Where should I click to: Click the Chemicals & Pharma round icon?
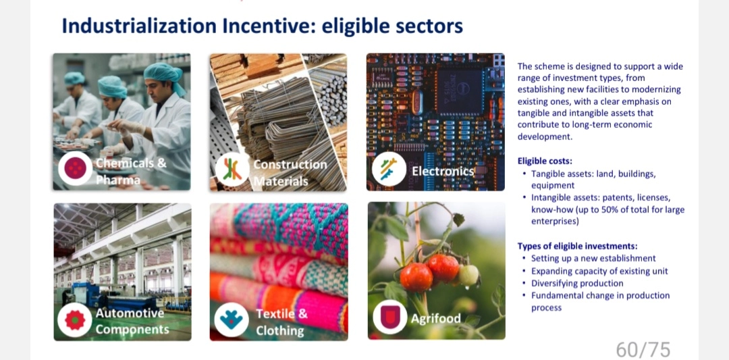[76, 168]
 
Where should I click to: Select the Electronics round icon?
[389, 170]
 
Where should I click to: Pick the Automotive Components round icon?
[75, 320]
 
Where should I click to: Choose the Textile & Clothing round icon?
[232, 320]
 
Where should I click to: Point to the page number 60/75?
[643, 349]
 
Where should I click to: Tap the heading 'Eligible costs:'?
[545, 161]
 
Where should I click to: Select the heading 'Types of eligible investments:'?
[577, 246]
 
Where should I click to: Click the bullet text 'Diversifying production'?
[577, 283]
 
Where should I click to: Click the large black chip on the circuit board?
[459, 91]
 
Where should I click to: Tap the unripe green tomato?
[468, 275]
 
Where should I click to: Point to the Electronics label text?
[442, 172]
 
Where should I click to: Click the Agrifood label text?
[435, 319]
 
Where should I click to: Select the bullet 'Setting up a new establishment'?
[594, 258]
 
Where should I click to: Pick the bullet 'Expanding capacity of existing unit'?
[600, 271]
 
